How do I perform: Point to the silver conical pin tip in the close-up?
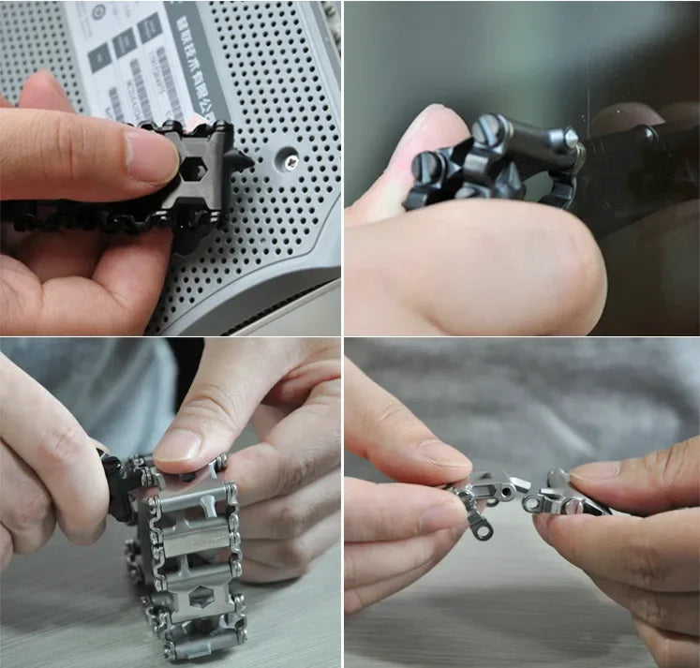click(571, 138)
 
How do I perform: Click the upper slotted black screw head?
click(490, 130)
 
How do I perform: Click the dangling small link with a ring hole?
click(481, 527)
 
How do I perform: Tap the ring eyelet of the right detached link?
click(533, 504)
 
